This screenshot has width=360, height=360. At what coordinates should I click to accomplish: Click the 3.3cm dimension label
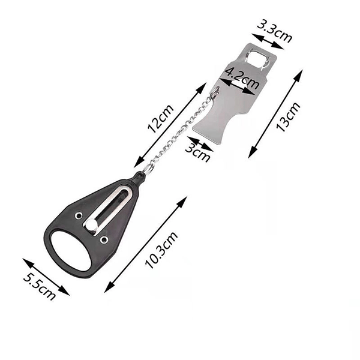pyautogui.click(x=274, y=31)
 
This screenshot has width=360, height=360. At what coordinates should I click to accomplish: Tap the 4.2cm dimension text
pyautogui.click(x=242, y=77)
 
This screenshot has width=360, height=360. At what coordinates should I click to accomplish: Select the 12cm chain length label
pyautogui.click(x=160, y=118)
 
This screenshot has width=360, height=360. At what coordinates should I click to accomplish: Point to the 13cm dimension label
pyautogui.click(x=289, y=117)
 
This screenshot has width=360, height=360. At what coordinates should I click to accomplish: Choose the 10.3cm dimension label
pyautogui.click(x=161, y=250)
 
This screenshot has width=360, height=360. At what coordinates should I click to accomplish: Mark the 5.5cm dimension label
pyautogui.click(x=40, y=286)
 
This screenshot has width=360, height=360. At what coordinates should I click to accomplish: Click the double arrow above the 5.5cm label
pyautogui.click(x=46, y=277)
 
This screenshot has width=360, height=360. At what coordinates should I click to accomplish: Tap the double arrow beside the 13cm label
pyautogui.click(x=275, y=114)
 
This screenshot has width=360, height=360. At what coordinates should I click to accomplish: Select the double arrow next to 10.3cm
pyautogui.click(x=146, y=244)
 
